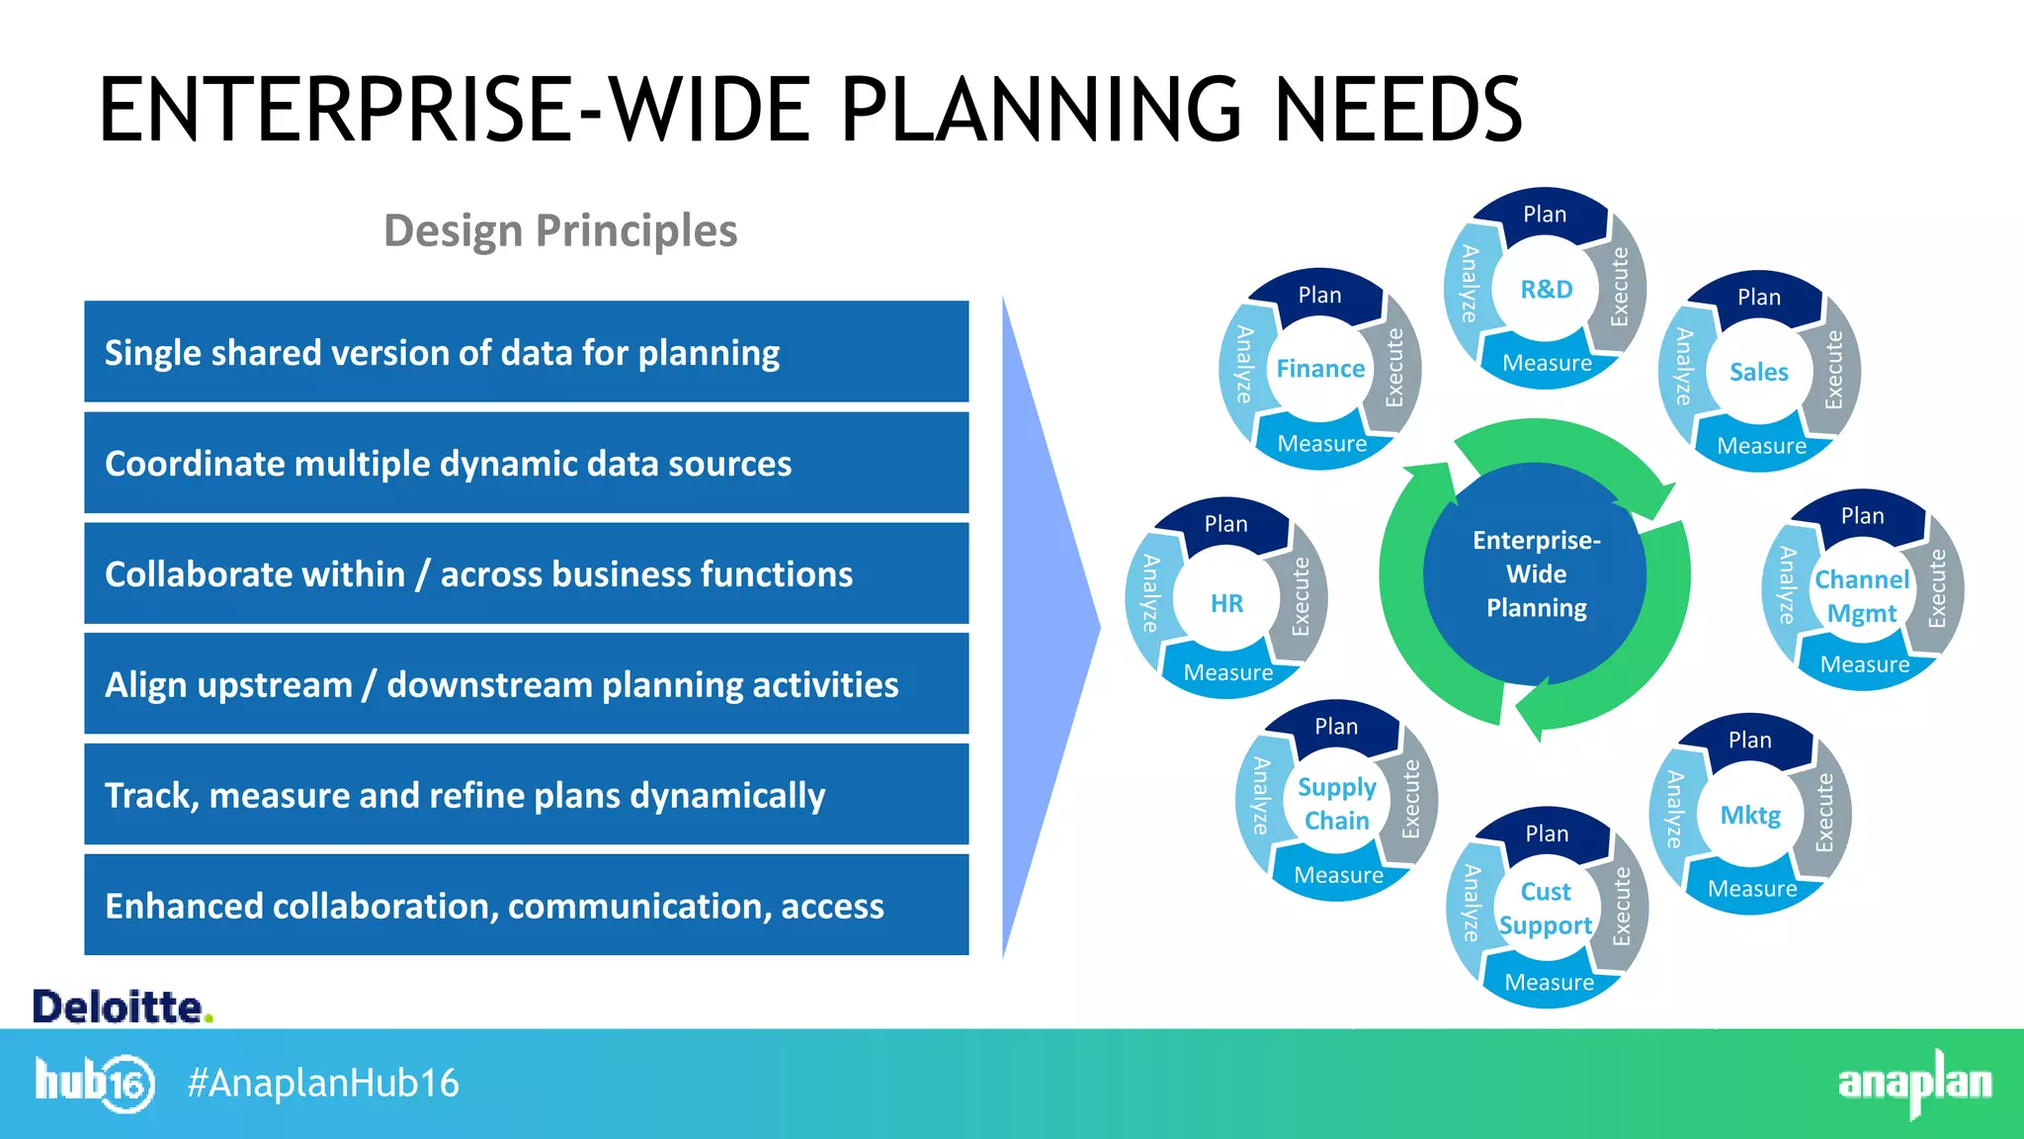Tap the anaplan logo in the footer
click(1914, 1083)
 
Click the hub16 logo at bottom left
click(95, 1083)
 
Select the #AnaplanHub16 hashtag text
click(323, 1083)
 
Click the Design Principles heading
click(559, 230)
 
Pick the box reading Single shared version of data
click(526, 352)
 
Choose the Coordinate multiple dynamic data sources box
click(526, 463)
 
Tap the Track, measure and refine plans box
click(526, 795)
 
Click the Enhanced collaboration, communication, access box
click(526, 906)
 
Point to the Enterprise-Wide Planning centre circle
click(1536, 574)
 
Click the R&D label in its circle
click(1546, 290)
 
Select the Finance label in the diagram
click(1320, 369)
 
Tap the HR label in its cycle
click(1226, 603)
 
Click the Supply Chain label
click(1336, 803)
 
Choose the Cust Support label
click(1546, 909)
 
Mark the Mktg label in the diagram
click(1750, 816)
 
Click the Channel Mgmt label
click(1862, 596)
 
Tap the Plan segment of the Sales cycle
click(1759, 298)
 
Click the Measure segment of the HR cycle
click(1227, 673)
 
